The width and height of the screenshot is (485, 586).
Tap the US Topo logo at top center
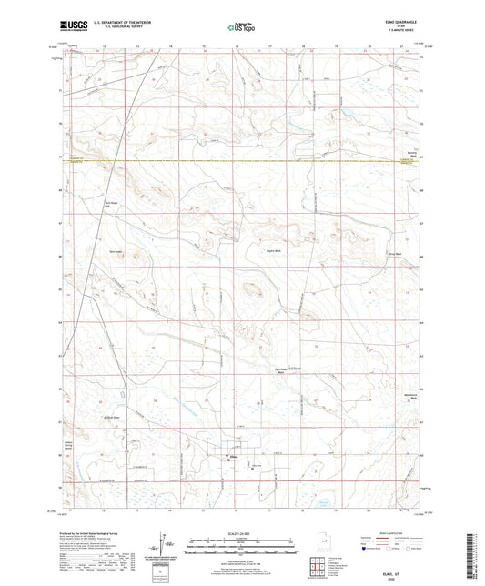point(237,27)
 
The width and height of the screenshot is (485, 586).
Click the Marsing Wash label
point(410,155)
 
